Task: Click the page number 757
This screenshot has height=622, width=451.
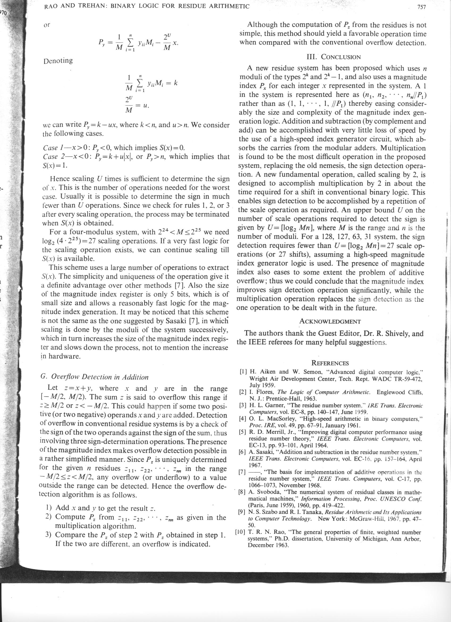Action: click(x=421, y=7)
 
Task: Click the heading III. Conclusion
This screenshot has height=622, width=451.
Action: click(x=333, y=57)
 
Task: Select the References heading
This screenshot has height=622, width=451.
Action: click(x=330, y=363)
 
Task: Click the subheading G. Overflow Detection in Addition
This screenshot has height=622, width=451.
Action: click(x=94, y=377)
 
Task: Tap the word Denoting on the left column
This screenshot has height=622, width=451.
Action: click(x=58, y=61)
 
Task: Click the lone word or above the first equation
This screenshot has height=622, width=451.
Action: click(x=47, y=25)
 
